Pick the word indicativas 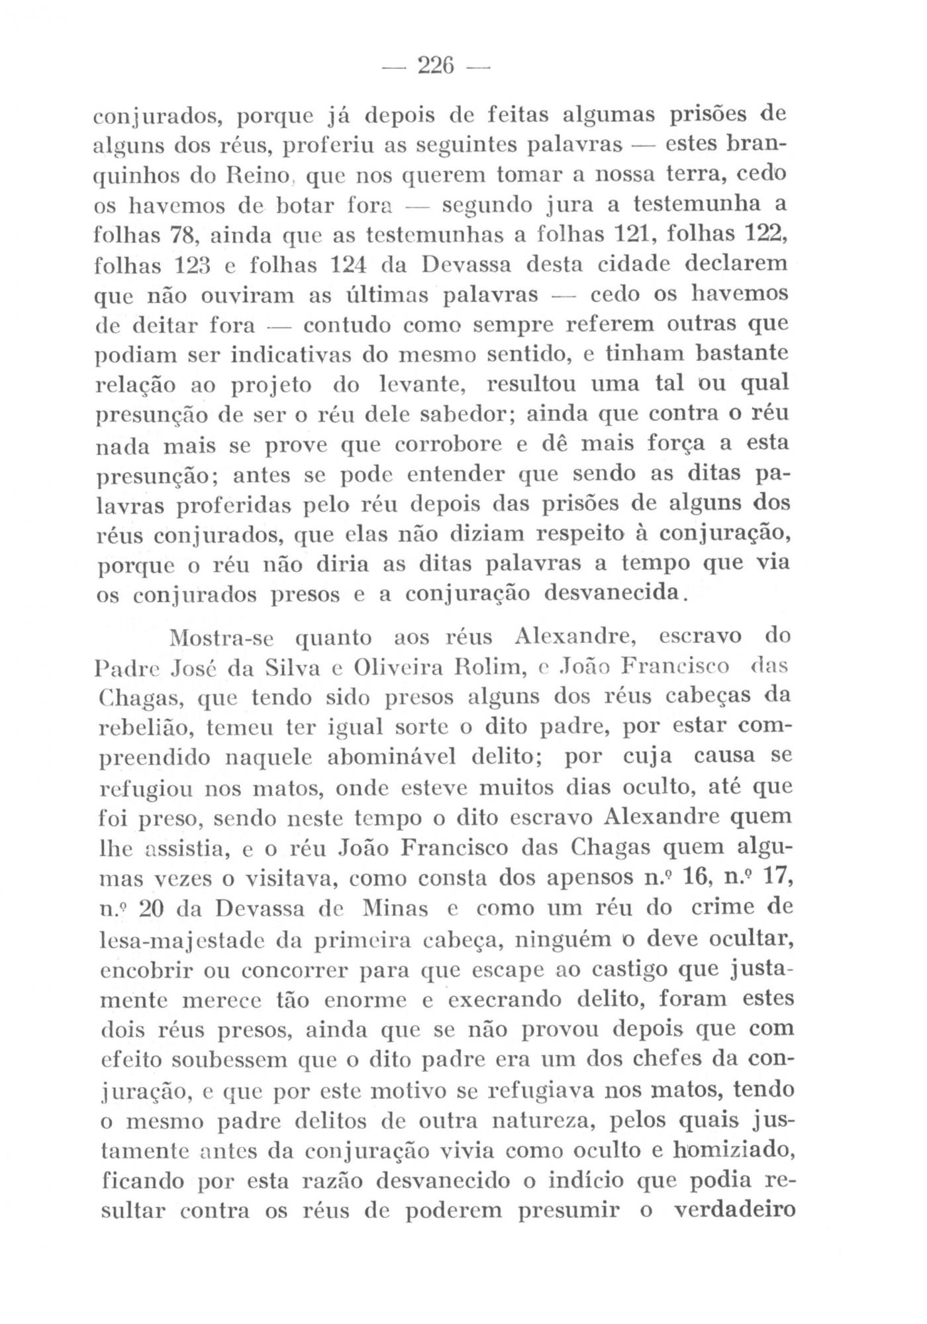point(291,355)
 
